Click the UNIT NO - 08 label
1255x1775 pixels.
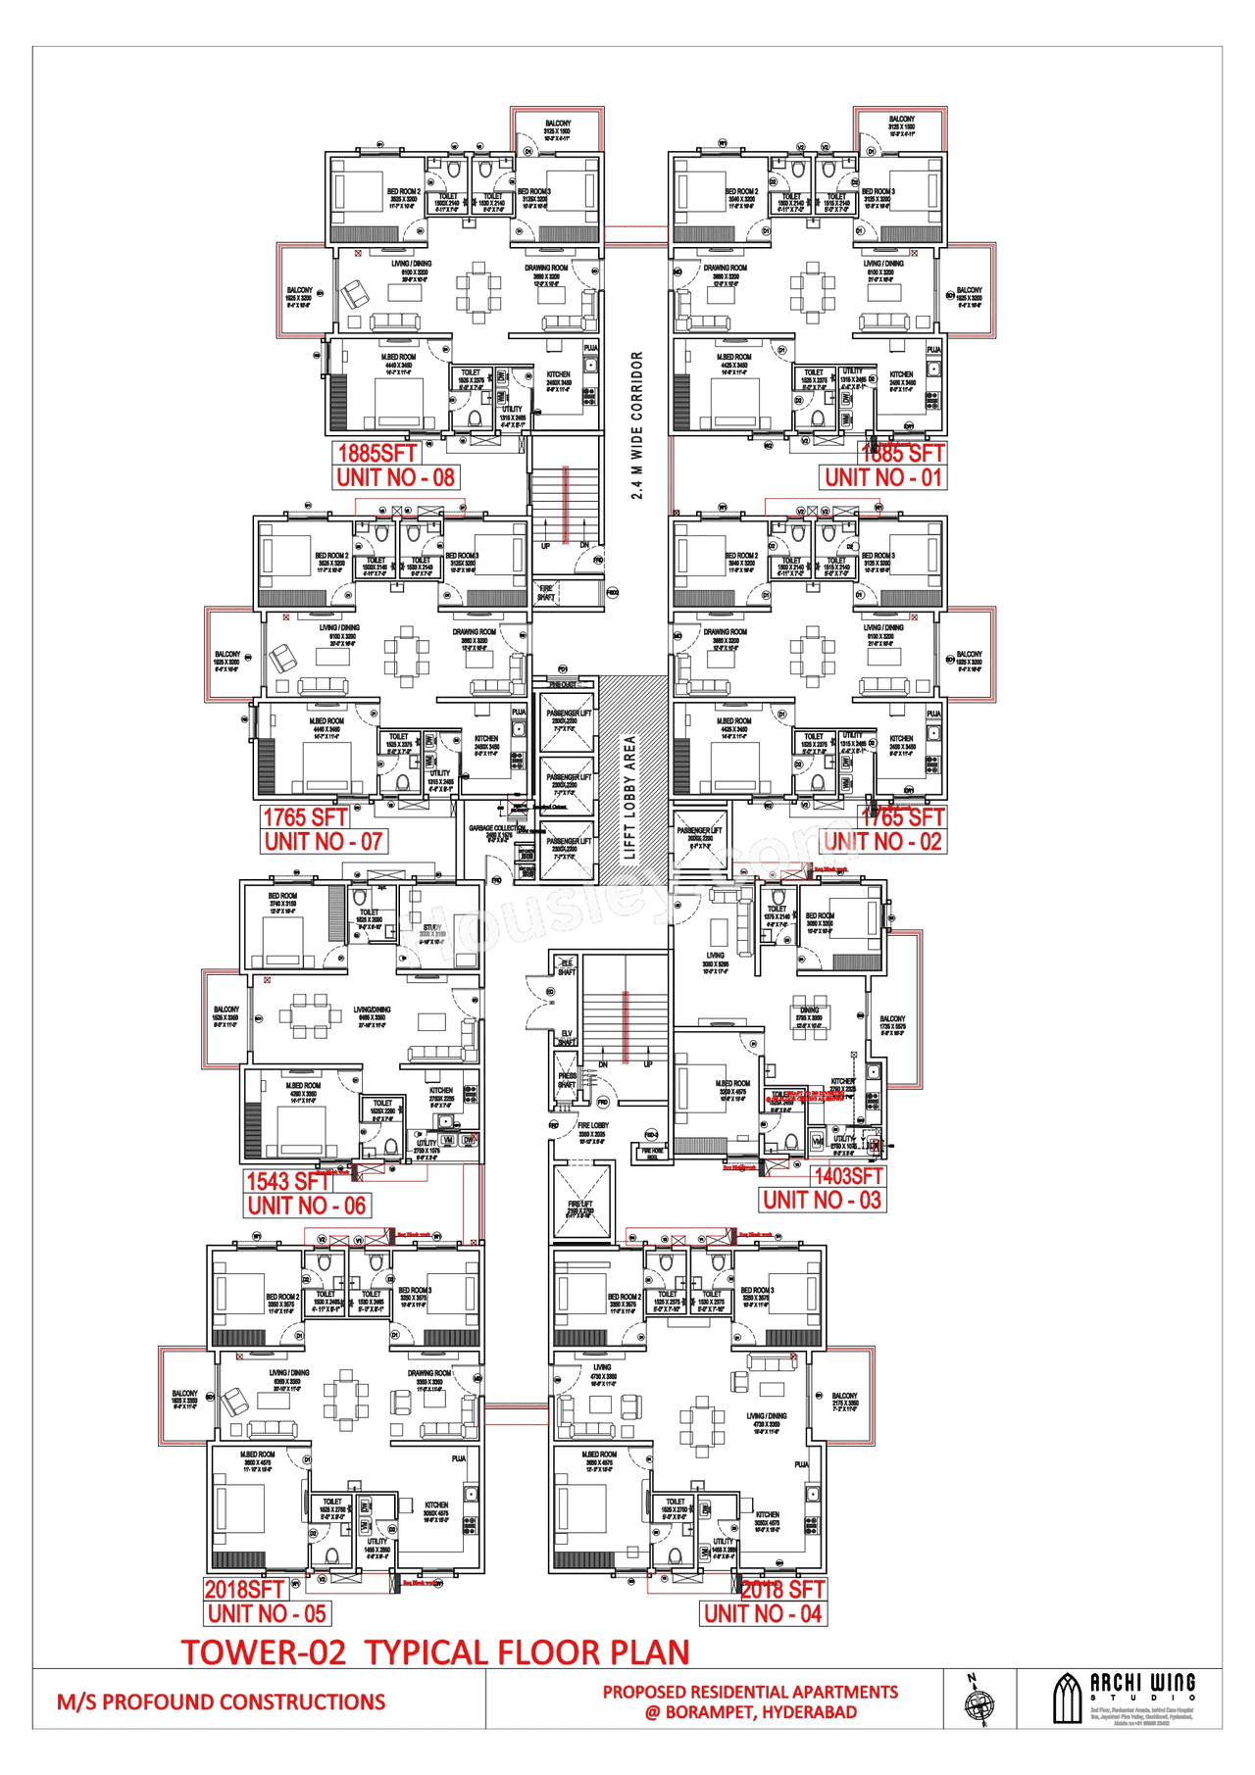tap(395, 477)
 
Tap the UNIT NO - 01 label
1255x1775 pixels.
tap(882, 477)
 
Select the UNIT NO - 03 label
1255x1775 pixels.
tap(822, 1200)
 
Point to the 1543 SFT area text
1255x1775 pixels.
tap(287, 1181)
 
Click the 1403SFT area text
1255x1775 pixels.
tap(848, 1175)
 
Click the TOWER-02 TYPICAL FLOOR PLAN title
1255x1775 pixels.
tap(435, 1652)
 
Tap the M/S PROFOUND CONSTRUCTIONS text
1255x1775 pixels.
tap(221, 1701)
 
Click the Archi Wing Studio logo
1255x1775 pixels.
tap(1124, 1699)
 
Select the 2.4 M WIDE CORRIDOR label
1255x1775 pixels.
tap(637, 425)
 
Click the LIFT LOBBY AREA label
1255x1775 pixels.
tap(630, 797)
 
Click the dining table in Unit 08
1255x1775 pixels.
tap(477, 291)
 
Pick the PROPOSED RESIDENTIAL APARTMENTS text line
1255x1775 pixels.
tap(750, 1692)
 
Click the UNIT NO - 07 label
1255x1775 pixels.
tap(323, 841)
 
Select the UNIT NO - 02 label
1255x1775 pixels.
tap(882, 841)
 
